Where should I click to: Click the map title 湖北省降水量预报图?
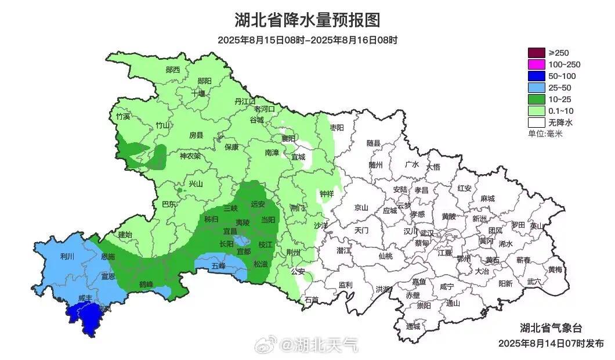point(307,20)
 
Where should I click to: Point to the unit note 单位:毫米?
point(545,134)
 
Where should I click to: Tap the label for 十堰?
point(198,93)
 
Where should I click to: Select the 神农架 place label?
point(190,156)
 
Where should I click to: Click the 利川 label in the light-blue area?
point(67,256)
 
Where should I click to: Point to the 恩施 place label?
point(107,256)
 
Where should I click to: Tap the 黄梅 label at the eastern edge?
point(555,269)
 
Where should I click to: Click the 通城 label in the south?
point(413,326)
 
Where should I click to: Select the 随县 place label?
point(374,143)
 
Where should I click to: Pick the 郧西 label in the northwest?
point(172,70)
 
